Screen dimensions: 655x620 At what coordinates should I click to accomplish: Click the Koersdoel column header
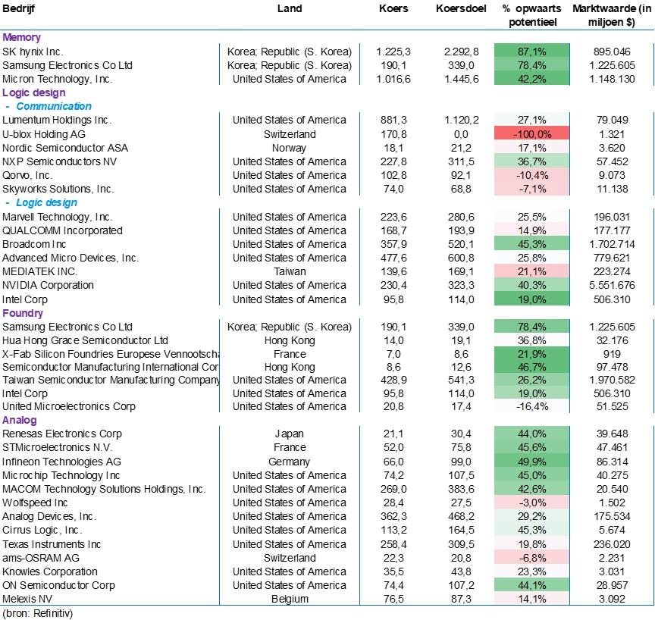point(461,9)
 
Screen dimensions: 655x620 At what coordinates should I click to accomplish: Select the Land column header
point(290,9)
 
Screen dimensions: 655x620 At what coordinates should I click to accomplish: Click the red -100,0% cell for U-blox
point(531,134)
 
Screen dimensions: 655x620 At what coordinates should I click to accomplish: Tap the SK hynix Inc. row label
point(33,52)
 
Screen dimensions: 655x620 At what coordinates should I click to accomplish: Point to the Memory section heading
point(21,38)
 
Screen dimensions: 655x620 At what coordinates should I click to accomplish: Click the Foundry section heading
point(23,313)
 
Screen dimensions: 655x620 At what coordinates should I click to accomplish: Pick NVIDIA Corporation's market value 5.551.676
point(612,285)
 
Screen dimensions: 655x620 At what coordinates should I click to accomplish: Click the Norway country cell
point(289,149)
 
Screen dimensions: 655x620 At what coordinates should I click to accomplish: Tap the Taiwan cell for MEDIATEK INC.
point(290,271)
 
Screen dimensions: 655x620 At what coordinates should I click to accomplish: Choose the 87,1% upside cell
point(531,52)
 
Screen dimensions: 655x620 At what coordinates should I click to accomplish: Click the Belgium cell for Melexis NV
point(290,599)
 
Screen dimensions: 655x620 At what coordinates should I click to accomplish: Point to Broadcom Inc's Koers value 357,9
point(393,244)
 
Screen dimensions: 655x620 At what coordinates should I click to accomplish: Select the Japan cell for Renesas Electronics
point(289,434)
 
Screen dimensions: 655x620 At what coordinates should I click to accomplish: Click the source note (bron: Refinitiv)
point(38,613)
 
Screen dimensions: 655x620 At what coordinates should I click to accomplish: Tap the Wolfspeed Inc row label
point(35,503)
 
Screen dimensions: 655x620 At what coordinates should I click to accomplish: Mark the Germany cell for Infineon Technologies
point(289,462)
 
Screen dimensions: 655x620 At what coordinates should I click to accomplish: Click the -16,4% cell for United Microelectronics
point(531,407)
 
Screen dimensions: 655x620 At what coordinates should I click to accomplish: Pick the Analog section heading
point(19,420)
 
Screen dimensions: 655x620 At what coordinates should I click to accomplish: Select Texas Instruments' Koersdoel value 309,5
point(461,544)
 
